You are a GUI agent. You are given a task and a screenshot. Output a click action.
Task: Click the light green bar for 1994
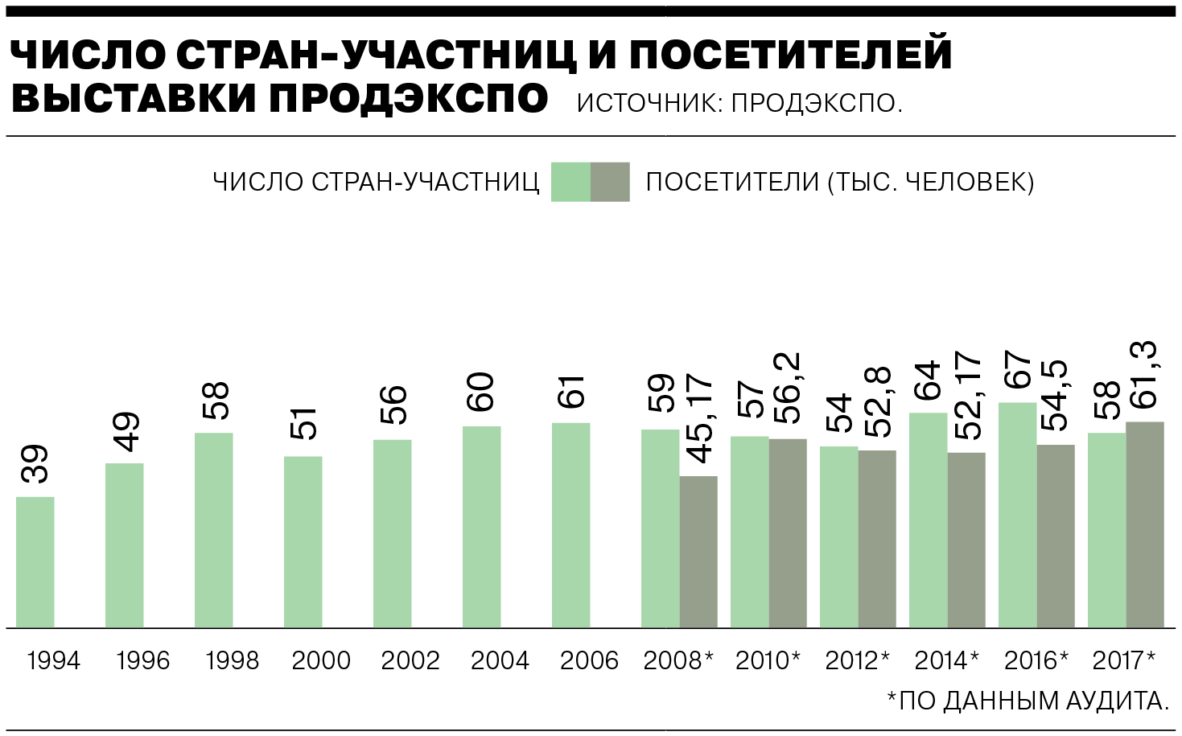point(35,562)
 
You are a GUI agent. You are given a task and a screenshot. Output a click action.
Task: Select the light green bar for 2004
point(481,527)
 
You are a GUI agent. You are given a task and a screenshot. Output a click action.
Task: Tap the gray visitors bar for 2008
point(698,552)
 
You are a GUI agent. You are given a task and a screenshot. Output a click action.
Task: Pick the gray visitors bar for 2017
point(1144,524)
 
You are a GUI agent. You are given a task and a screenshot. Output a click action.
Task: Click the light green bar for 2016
point(1017,515)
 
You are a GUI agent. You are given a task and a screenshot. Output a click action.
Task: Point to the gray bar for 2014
point(966,540)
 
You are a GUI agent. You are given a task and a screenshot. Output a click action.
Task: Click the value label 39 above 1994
point(35,464)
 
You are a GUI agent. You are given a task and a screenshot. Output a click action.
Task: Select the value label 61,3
point(1144,375)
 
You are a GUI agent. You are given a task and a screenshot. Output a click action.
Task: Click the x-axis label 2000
point(321,661)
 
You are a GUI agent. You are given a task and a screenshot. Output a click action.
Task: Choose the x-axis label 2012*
point(857,661)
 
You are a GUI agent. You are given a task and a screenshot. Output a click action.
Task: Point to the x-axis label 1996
point(142,661)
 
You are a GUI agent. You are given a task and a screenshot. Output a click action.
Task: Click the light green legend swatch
point(570,182)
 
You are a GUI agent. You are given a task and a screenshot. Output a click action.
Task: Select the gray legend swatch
point(610,182)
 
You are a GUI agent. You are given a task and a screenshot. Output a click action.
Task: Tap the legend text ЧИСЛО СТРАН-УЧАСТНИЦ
point(376,183)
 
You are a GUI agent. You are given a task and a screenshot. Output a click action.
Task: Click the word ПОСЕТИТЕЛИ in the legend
point(731,183)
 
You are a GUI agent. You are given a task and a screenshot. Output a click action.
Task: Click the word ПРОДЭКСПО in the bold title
point(409,98)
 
